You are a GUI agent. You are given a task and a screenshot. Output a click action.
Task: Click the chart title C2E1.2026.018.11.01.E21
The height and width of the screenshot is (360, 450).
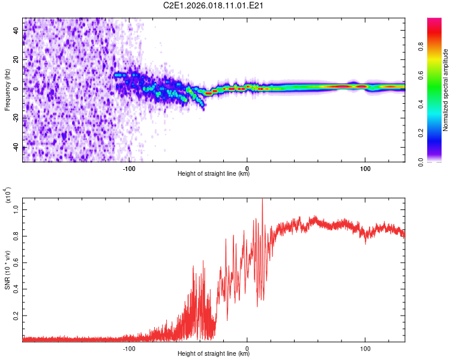(x=214, y=6)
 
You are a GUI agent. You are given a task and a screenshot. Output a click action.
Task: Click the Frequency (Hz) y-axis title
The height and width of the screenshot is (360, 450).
(x=7, y=90)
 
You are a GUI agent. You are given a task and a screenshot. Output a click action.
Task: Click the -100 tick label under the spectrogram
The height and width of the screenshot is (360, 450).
(x=129, y=169)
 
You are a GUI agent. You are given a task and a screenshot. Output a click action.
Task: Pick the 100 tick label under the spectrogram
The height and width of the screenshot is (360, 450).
(x=365, y=169)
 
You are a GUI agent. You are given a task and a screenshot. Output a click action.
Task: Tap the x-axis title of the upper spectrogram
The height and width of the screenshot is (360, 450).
(x=214, y=175)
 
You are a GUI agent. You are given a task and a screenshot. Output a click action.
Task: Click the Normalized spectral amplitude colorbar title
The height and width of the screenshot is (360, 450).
(x=446, y=90)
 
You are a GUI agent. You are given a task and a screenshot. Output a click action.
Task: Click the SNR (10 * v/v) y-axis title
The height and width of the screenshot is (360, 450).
(x=7, y=267)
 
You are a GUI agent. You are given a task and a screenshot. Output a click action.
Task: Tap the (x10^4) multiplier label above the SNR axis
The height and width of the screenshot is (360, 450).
(x=7, y=196)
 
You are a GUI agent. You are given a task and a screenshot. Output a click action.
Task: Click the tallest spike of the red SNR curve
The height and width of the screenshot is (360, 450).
(x=262, y=200)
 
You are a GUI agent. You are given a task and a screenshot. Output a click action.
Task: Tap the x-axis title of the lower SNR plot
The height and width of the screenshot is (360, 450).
(x=214, y=354)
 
